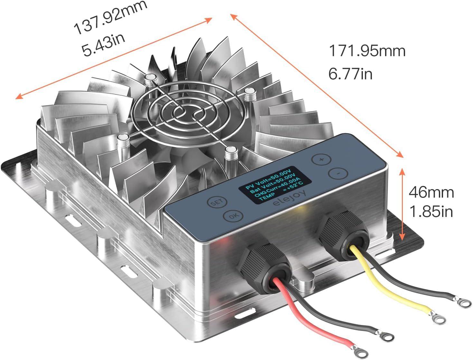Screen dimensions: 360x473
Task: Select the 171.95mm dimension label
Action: coord(367,51)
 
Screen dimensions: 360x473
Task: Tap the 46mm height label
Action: coord(431,192)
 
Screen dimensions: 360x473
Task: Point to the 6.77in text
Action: coord(350,74)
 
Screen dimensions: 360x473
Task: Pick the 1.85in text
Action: coord(431,212)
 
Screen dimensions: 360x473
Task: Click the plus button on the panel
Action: coord(321,159)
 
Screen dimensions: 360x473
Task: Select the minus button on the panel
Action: coord(338,173)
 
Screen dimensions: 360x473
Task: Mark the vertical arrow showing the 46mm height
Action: coord(402,204)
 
